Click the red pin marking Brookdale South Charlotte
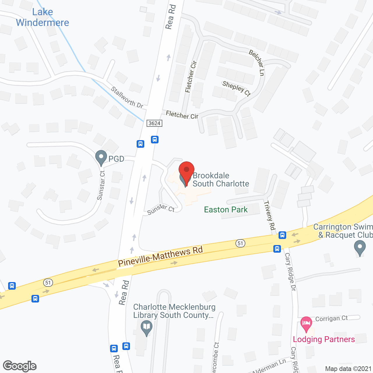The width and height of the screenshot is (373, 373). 186,170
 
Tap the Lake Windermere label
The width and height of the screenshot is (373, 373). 43,17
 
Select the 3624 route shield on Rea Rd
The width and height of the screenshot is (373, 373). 154,123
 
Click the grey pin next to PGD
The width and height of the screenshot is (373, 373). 101,157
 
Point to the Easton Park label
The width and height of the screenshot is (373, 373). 226,210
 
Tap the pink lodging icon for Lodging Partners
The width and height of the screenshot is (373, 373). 306,324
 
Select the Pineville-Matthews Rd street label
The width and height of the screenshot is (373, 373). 160,256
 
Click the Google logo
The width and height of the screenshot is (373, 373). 20,366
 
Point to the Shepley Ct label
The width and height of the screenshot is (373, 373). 236,88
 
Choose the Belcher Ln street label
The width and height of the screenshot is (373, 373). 257,62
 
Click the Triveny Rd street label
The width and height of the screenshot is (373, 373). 270,216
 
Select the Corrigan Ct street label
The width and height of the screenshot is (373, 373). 331,319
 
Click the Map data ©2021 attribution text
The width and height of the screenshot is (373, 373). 348,369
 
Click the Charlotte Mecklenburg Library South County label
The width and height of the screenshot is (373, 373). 174,311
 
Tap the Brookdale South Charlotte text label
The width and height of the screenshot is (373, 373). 221,180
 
